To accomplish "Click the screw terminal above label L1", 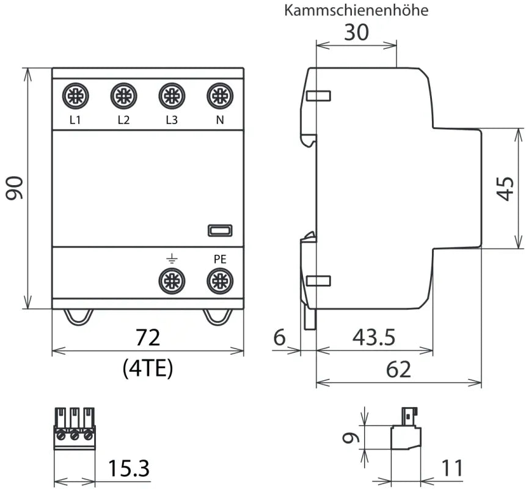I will coord(75,96).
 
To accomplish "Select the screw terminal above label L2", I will coord(123,96).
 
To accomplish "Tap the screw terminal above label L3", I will coord(172,96).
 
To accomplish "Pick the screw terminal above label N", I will coord(219,96).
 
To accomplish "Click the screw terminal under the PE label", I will coord(219,281).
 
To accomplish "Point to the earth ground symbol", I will coord(172,259).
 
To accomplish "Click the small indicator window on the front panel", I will coord(219,230).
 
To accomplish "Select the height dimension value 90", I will coord(15,188).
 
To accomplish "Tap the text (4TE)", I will coord(148,367).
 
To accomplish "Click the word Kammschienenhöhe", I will coord(357,10).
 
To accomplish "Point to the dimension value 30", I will coord(356,32).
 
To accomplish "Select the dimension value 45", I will coord(505,188).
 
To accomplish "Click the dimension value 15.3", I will coord(129,469).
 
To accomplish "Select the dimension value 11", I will coord(451,469).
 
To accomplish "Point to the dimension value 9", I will coord(348,438).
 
